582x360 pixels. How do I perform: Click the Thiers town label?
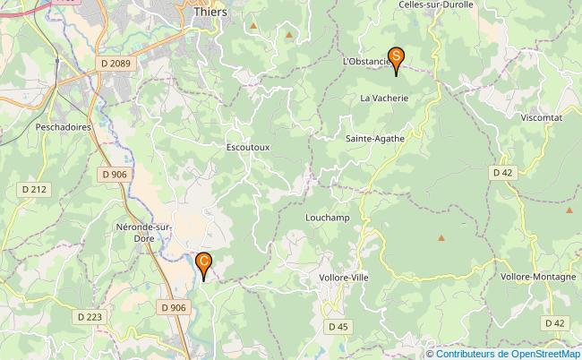(x=210, y=13)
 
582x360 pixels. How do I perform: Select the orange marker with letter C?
(x=203, y=263)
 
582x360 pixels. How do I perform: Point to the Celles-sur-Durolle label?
(x=434, y=4)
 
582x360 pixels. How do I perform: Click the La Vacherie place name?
(x=385, y=98)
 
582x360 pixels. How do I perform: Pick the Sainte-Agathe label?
(x=376, y=139)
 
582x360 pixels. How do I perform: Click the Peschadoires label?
(x=64, y=128)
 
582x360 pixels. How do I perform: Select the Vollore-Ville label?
(x=343, y=278)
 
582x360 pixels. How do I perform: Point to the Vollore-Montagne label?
(x=538, y=277)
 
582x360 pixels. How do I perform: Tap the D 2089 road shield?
(x=116, y=63)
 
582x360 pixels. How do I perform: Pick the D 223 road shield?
(x=90, y=316)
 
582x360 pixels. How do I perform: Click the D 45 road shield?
(x=338, y=327)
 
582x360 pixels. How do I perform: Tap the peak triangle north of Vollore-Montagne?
(x=569, y=210)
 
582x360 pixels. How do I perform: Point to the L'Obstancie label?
(x=366, y=61)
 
